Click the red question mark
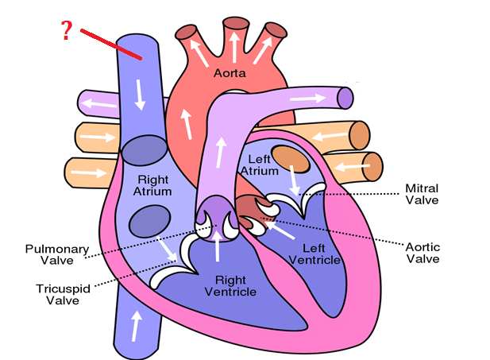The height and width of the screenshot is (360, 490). tap(66, 30)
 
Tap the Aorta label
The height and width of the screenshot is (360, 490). tap(230, 73)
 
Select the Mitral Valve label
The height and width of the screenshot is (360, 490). tap(422, 194)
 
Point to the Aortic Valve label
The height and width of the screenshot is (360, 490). tap(423, 253)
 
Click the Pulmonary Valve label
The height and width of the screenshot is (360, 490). tap(57, 254)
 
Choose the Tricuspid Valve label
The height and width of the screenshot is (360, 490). tap(63, 294)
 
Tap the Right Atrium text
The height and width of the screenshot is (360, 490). tap(152, 185)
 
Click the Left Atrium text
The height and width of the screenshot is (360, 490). tap(260, 165)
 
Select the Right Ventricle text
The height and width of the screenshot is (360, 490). tap(230, 286)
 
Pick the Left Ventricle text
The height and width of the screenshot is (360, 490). tap(314, 254)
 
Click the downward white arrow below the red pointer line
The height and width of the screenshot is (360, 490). tap(139, 95)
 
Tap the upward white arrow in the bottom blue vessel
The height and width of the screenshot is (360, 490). tap(136, 326)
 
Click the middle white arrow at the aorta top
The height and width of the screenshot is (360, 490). tap(234, 47)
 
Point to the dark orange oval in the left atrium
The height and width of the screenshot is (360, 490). tap(291, 159)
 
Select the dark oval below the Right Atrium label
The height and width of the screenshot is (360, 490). tap(150, 221)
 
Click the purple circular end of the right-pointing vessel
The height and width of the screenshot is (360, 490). tap(345, 98)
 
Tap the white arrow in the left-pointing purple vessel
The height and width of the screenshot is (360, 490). tap(98, 103)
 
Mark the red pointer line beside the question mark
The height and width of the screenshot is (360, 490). tap(111, 44)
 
